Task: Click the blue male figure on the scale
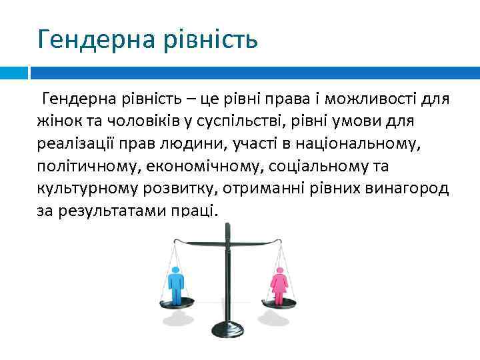pos(176,284)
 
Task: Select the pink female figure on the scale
pos(279,284)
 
